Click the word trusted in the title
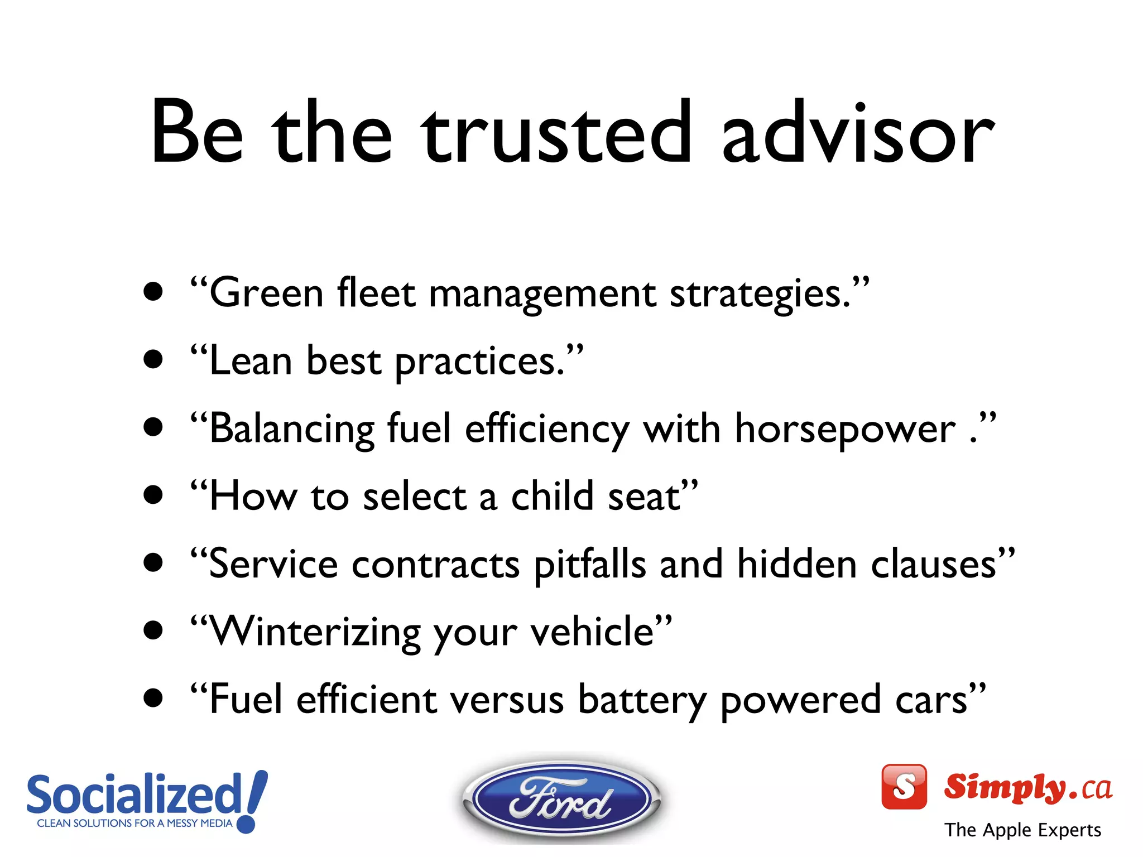556,134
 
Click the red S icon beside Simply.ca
904,786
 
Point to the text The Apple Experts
1022,830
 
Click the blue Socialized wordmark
134,795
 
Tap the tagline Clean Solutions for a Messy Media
134,823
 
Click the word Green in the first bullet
266,293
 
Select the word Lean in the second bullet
251,361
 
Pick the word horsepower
845,429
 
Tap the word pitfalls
590,565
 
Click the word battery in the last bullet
642,700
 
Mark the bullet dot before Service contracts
153,562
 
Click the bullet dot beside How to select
153,494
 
